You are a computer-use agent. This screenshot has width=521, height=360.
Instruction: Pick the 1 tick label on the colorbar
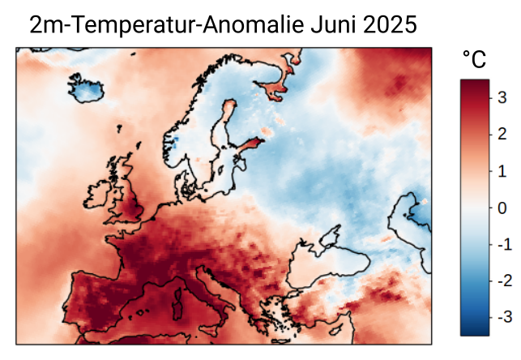tap(502, 171)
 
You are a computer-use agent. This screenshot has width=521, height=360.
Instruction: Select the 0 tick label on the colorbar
tap(502, 208)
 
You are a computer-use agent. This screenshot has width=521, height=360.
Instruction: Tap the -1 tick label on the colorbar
tap(500, 244)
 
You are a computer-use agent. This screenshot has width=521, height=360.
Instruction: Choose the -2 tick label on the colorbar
tap(500, 281)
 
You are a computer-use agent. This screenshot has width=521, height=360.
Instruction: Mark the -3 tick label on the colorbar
tap(500, 317)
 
